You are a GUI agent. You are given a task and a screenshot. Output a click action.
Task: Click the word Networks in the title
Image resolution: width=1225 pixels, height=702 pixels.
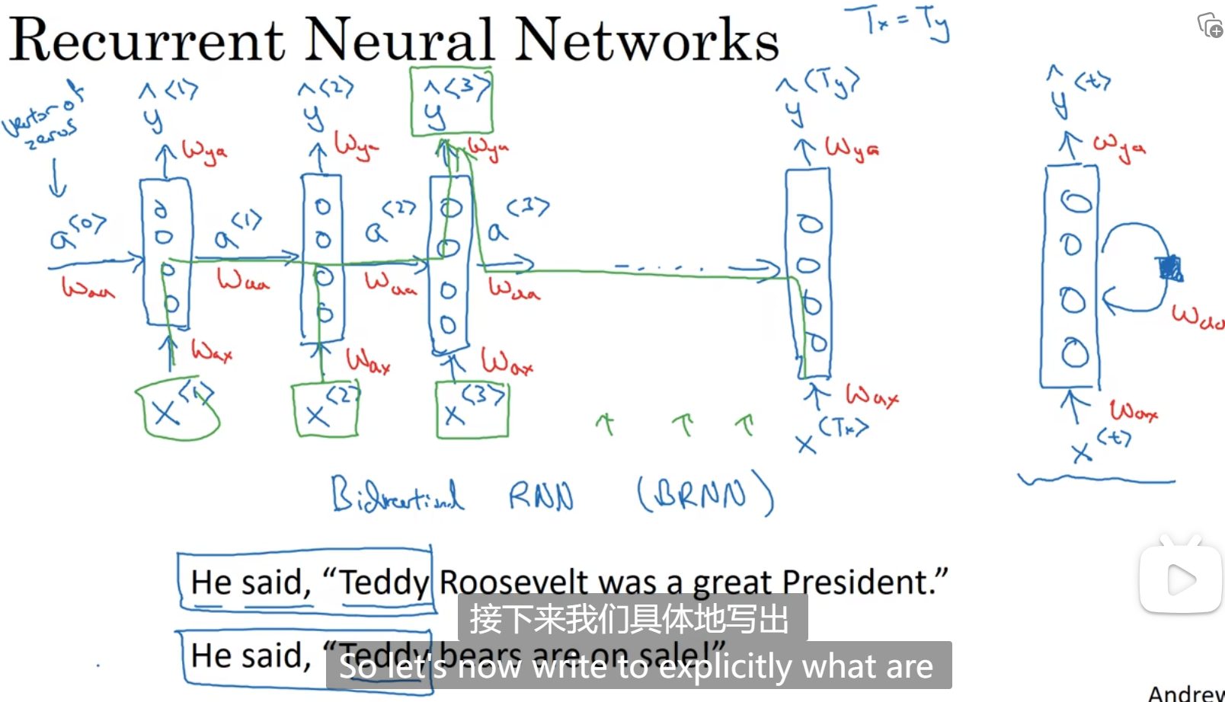coord(647,40)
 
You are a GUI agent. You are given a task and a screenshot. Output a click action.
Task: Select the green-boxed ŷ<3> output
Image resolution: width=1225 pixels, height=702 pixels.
coord(451,102)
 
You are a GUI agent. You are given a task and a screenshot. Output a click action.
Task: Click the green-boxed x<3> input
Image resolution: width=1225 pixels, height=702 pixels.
coord(472,410)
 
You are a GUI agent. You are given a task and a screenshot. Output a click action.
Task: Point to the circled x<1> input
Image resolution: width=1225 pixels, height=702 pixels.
coord(177,410)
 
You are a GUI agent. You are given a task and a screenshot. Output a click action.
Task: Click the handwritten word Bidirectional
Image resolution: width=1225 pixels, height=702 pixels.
coord(397,495)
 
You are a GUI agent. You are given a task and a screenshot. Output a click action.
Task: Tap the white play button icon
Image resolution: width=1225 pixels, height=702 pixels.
coord(1180,580)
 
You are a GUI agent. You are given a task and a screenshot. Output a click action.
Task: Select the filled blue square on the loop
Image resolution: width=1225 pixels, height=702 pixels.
coord(1169,269)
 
